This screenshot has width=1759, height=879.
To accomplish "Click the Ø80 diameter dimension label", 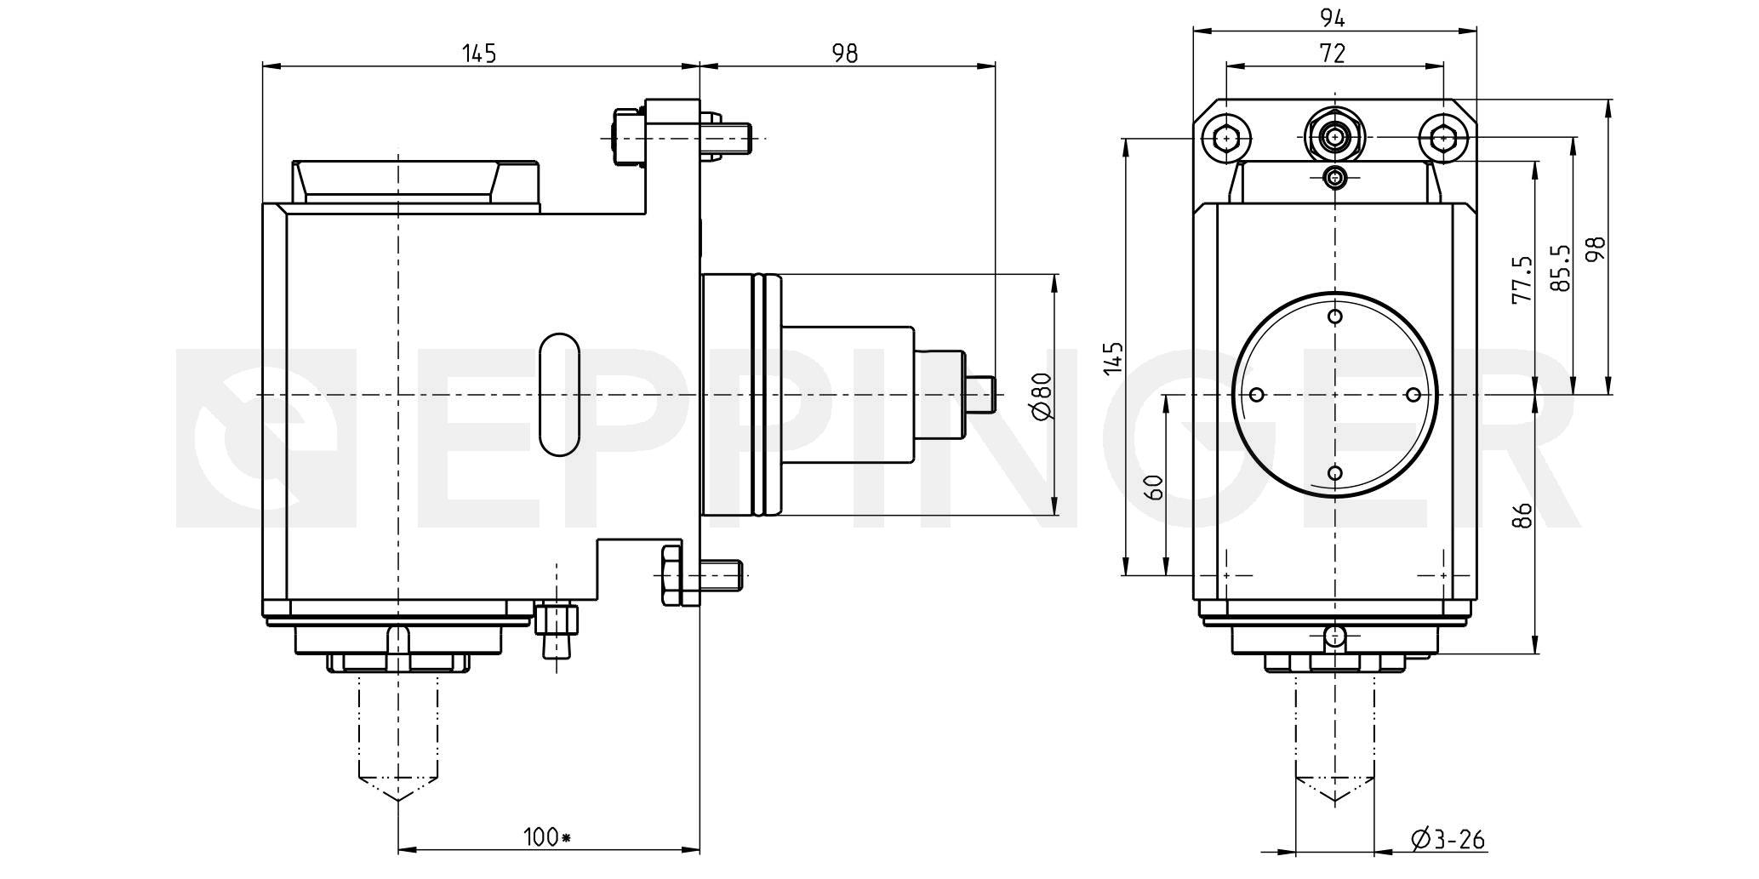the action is click(x=1042, y=396).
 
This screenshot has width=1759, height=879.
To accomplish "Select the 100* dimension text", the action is click(x=546, y=837).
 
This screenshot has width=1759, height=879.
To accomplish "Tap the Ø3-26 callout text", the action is click(x=1448, y=840).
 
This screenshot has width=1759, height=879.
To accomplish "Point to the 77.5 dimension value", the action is click(x=1522, y=279).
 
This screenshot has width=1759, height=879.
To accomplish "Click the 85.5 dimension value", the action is click(x=1559, y=269).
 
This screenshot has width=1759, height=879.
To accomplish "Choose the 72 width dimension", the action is click(x=1333, y=54).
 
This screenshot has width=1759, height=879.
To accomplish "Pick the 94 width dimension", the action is click(x=1333, y=17).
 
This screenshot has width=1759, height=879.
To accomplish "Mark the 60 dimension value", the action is click(x=1154, y=488).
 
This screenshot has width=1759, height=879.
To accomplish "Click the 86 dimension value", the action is click(x=1523, y=514).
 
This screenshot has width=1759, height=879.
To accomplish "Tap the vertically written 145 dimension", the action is click(x=1113, y=358).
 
